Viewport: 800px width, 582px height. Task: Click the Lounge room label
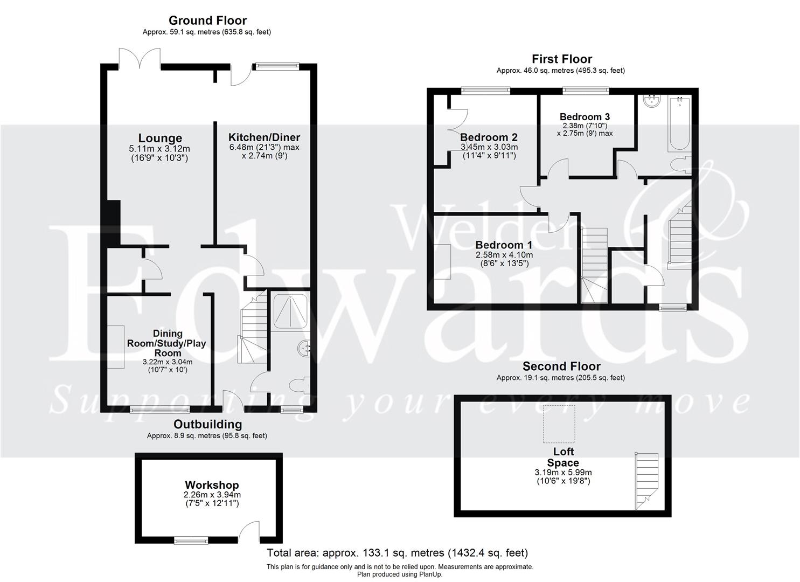point(160,138)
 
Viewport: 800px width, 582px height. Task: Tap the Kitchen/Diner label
point(264,137)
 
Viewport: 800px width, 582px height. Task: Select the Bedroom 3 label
point(585,117)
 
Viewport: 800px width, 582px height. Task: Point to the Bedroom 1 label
point(504,245)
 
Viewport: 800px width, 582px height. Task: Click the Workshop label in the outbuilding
point(212,485)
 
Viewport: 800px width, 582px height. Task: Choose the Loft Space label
point(563,457)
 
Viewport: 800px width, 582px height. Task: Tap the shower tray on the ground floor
point(290,310)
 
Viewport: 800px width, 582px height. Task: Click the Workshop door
point(250,531)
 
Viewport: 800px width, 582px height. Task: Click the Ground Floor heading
point(207,20)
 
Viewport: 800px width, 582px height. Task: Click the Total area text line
point(398,553)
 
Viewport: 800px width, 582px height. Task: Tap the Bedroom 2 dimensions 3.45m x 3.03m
point(489,147)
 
